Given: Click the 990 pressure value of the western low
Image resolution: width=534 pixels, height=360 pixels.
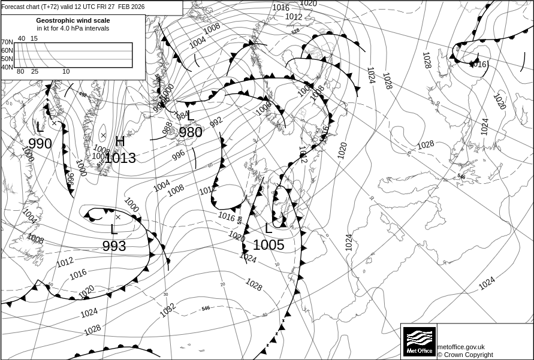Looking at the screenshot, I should (40, 144).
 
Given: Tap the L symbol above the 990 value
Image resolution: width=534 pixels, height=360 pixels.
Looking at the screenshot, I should (40, 127).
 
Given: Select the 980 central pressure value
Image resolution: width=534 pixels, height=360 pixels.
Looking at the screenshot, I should (191, 132).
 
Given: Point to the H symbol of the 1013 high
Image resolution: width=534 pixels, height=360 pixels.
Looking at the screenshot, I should (120, 141).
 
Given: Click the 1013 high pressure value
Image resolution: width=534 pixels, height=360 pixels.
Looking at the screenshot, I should (120, 158).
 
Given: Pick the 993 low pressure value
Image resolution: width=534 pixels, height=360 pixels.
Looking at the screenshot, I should (114, 246).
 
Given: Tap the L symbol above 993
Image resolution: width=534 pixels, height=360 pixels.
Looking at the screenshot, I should (114, 229).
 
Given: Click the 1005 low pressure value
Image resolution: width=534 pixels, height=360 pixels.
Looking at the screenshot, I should (268, 244).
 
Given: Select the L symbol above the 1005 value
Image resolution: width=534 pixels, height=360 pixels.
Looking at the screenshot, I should (268, 228).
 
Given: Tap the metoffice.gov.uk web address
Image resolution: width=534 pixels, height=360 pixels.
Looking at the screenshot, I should (461, 347).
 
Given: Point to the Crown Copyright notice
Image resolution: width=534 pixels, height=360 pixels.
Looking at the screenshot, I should (465, 355).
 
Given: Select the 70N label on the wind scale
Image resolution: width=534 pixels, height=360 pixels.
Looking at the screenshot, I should (7, 42).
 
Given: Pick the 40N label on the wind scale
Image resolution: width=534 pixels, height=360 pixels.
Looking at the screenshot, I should (7, 67).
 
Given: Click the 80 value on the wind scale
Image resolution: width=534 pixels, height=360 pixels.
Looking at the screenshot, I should (20, 72).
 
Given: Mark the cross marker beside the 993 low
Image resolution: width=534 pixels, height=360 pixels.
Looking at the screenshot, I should (118, 217).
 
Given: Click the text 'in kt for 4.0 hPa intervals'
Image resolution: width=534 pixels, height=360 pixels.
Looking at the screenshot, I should (73, 28).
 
